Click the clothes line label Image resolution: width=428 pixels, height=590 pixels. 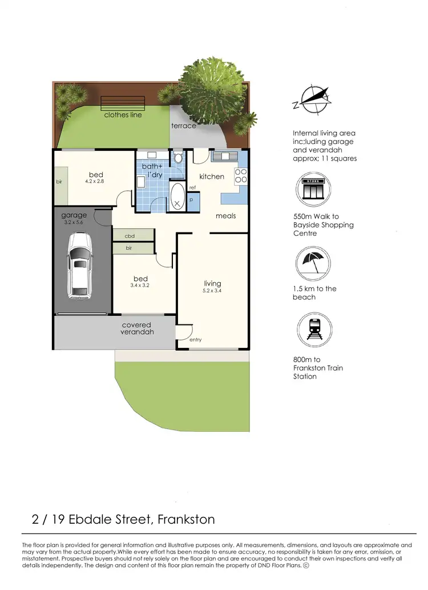123,115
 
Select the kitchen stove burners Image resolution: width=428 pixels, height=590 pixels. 240,176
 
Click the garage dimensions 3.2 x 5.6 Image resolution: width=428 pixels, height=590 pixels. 74,223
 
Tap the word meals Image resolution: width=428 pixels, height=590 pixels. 225,216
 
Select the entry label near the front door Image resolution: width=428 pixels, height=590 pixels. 195,340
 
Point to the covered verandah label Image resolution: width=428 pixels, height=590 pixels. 138,328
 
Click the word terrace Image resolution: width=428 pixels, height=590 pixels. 184,126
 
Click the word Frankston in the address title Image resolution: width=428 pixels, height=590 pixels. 186,519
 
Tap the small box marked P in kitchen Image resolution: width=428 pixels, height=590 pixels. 191,200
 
